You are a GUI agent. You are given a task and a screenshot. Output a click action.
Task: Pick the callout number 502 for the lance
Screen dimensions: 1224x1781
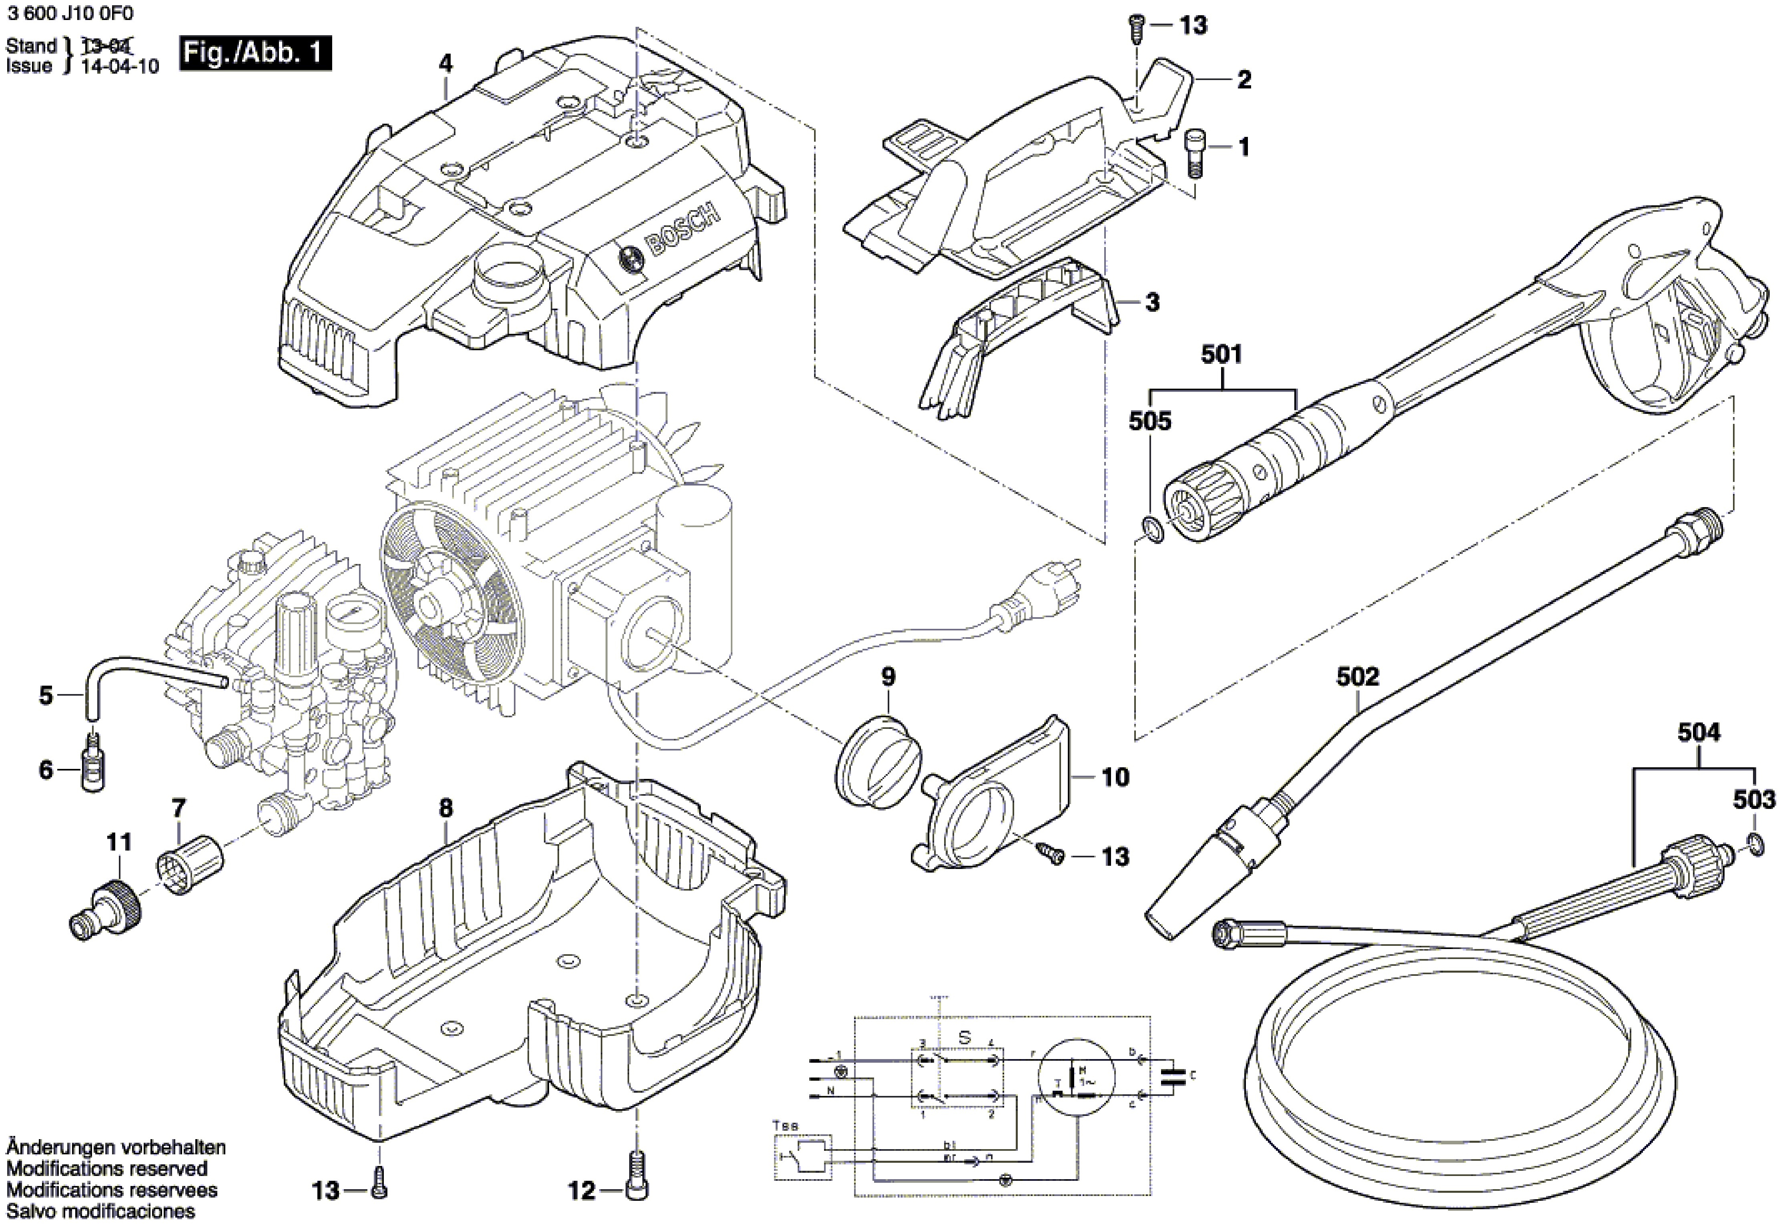point(1357,676)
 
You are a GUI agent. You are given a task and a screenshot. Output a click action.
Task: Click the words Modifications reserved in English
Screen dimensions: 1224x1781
point(106,1169)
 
